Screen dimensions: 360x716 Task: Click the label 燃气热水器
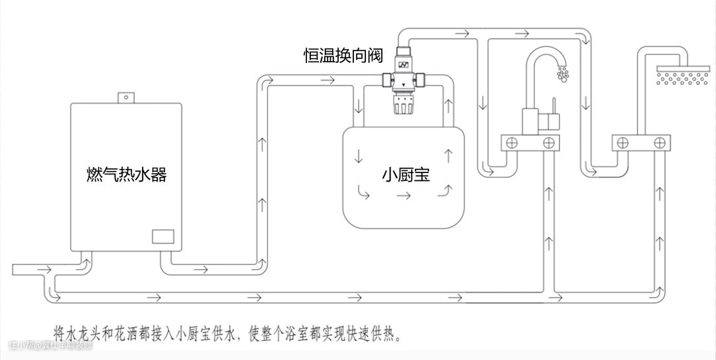126,174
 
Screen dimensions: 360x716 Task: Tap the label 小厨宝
406,174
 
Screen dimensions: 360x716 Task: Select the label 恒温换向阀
343,56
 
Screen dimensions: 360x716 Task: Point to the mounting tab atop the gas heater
123,97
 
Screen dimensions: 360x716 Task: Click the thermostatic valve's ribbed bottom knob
403,104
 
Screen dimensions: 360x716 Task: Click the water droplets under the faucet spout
564,74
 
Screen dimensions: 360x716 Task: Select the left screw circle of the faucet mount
512,142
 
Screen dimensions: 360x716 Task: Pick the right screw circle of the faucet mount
548,142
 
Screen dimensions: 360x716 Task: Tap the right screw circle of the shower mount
659,142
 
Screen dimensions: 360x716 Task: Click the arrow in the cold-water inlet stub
44,269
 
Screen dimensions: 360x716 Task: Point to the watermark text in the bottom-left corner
50,345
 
